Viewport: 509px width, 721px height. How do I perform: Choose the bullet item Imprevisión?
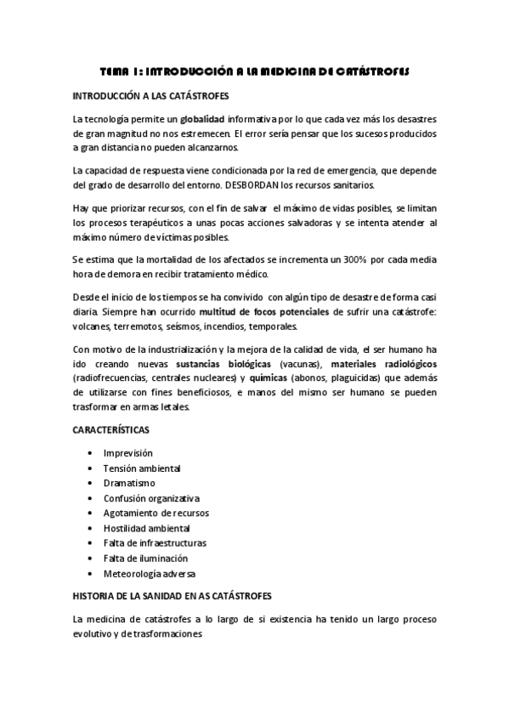pos(128,453)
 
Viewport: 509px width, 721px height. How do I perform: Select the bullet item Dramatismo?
pos(129,483)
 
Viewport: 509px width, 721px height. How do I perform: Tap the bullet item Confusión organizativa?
pos(151,498)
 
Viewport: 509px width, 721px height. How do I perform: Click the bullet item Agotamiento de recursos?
pos(156,513)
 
